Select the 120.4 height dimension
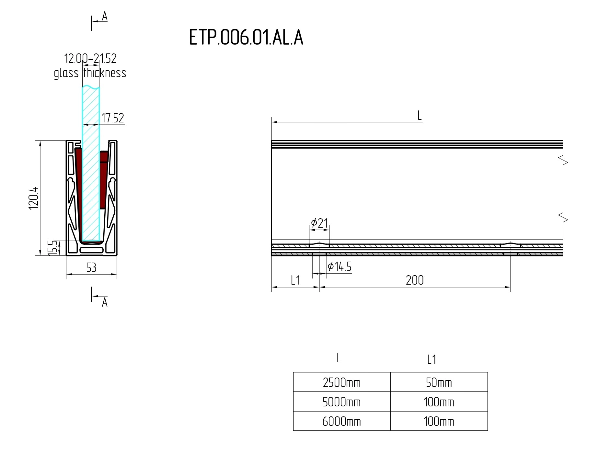(x=34, y=198)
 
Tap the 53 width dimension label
(x=91, y=267)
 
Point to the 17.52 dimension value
(x=113, y=118)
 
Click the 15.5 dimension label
(x=52, y=248)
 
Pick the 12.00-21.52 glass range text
(x=90, y=58)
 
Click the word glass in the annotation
(x=66, y=73)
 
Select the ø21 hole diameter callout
(x=319, y=223)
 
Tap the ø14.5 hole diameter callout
(x=339, y=266)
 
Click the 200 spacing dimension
(x=415, y=280)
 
